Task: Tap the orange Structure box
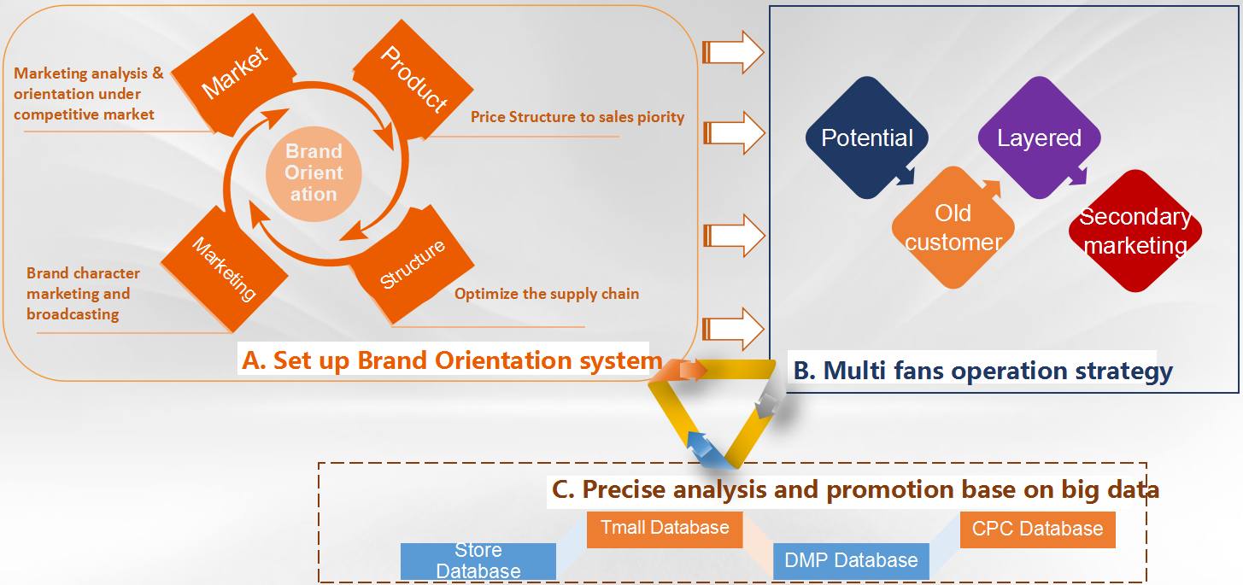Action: (x=413, y=265)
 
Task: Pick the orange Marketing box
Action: (x=225, y=270)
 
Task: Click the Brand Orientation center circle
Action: (x=314, y=173)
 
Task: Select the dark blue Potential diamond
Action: (x=867, y=138)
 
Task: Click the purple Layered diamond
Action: (x=1039, y=138)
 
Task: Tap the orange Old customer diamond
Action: (x=953, y=227)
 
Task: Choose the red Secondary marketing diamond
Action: (x=1135, y=231)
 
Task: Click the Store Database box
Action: (x=478, y=560)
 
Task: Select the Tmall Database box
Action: (x=665, y=528)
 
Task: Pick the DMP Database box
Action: (x=851, y=560)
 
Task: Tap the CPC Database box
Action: (x=1037, y=529)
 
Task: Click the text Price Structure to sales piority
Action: (x=578, y=117)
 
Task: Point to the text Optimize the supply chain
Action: (x=547, y=294)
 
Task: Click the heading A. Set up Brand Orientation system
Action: (x=452, y=360)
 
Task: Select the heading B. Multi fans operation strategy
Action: (x=982, y=371)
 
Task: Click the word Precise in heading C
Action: (x=625, y=489)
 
